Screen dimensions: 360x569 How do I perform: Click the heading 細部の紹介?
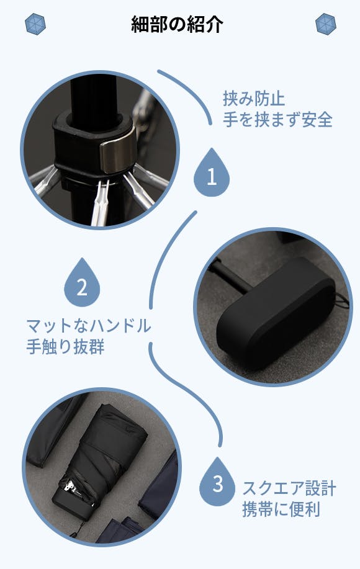coord(177,24)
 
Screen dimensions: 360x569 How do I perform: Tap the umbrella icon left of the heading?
coord(35,24)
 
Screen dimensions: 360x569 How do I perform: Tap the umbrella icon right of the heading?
coord(325,24)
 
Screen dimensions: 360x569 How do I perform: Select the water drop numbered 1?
coord(212,173)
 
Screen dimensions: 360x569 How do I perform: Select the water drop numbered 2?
coord(82,283)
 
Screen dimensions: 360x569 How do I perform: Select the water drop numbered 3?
coord(217,482)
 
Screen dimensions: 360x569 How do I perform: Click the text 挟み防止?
coord(254,99)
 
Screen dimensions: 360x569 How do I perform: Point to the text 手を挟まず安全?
coord(277,119)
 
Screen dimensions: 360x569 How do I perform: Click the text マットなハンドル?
coord(89,326)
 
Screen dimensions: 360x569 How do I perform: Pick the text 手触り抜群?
coord(65,347)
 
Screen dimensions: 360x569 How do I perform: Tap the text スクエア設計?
coord(289,488)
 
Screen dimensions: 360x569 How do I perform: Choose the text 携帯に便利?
coord(281,509)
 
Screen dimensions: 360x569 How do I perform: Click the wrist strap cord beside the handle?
coord(341,300)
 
